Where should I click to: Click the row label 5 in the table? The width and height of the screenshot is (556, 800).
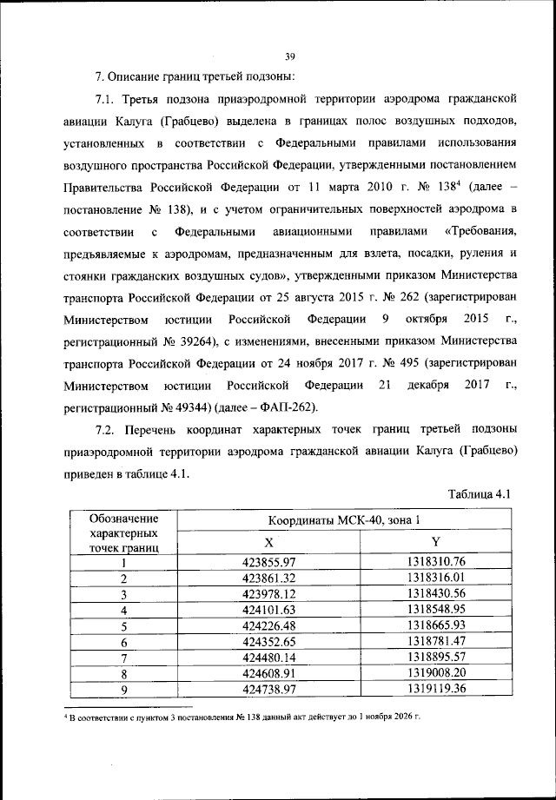tap(124, 625)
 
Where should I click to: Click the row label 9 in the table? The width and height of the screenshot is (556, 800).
tap(124, 689)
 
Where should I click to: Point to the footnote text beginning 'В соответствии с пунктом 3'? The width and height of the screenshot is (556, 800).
tap(243, 717)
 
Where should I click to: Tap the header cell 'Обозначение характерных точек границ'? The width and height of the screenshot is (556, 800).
tap(123, 532)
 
